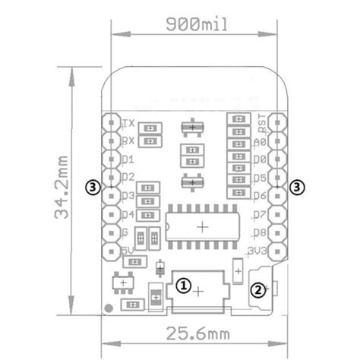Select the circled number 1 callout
(184, 285)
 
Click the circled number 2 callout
(258, 289)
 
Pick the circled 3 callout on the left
(93, 185)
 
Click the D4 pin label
(129, 214)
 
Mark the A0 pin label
(261, 141)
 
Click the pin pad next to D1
(111, 159)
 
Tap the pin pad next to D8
(279, 232)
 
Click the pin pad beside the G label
(111, 232)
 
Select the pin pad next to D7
(279, 214)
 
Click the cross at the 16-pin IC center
(202, 226)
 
